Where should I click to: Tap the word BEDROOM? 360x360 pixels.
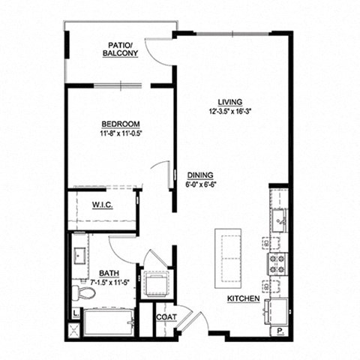pos(121,125)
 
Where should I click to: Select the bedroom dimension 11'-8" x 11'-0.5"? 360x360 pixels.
pos(121,134)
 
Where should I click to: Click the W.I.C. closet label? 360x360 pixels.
pos(102,205)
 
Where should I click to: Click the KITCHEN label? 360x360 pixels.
pos(244,298)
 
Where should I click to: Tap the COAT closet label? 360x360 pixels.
pos(166,317)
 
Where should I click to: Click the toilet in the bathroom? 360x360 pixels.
pos(78,290)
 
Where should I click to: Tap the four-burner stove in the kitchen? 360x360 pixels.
pos(277,263)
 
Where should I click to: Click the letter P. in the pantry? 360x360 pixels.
pos(279,331)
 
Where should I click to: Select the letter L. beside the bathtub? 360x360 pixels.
pos(76,313)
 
